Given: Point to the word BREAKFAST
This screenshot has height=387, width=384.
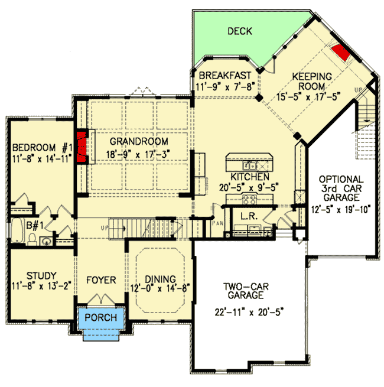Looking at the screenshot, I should click(225, 76).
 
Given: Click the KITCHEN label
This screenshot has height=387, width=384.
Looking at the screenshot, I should click(250, 177).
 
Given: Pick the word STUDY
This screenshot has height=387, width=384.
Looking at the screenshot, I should click(41, 275).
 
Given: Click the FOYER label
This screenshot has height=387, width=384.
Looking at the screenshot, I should click(101, 280).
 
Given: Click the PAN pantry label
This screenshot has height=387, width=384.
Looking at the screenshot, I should click(218, 224).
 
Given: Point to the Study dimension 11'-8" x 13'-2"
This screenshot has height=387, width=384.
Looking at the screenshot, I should click(41, 287).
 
